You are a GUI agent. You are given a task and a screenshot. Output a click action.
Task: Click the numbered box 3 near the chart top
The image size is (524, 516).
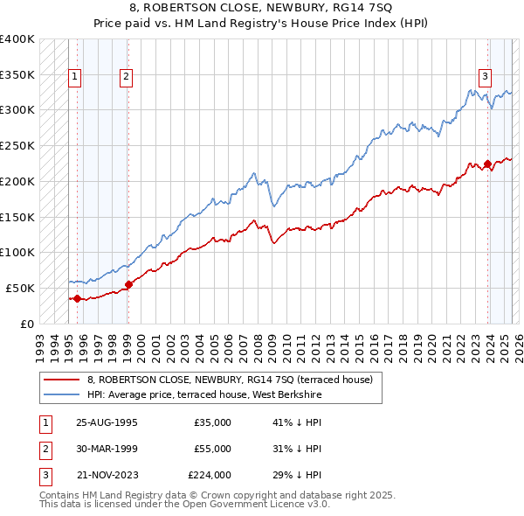click(485, 76)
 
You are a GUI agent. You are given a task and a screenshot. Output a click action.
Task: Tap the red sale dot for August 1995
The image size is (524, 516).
click(77, 298)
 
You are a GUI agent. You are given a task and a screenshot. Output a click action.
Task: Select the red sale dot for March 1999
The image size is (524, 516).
click(128, 284)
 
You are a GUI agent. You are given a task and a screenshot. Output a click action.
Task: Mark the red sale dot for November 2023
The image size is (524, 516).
click(487, 164)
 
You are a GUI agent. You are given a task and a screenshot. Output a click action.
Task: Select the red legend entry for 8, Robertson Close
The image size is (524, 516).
click(230, 380)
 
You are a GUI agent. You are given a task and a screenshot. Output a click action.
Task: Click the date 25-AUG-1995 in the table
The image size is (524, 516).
click(107, 423)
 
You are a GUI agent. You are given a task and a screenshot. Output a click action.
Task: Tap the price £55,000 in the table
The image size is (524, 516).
click(213, 449)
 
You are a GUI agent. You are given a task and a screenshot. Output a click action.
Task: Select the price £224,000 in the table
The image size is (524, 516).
click(210, 475)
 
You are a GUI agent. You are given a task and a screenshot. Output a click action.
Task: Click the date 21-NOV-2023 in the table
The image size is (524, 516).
click(107, 475)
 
